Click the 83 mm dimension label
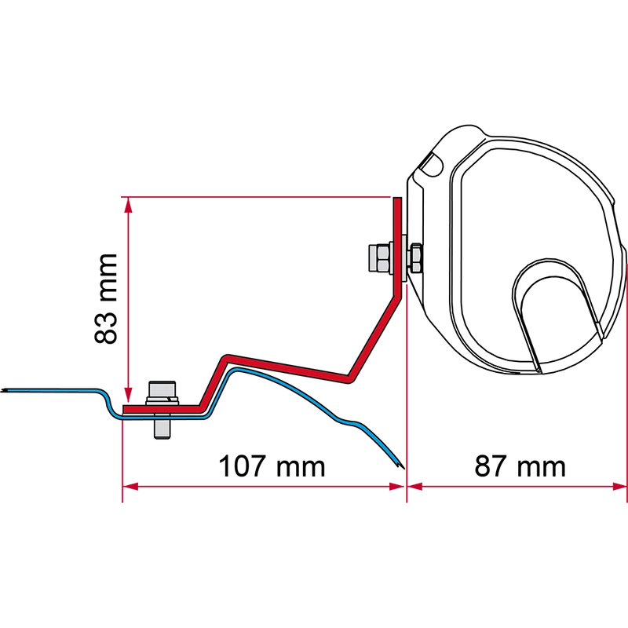coord(106,298)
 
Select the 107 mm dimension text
coord(272,466)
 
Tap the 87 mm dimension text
coord(520,466)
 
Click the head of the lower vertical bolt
coord(162,390)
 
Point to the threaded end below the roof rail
coord(162,429)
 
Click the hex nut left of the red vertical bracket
coord(379,258)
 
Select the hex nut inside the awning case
coord(414,258)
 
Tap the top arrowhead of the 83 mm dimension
coord(128,205)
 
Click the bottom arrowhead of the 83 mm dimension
coord(128,395)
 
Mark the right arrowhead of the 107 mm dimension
coord(397,487)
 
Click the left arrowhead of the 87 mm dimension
coord(415,487)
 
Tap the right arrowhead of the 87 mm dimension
coord(619,487)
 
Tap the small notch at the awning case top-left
coord(433,164)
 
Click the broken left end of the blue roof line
coord(3,390)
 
